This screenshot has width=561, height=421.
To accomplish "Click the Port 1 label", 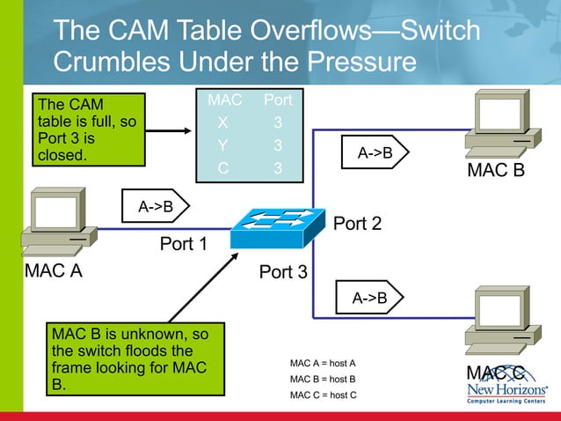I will [x=183, y=243].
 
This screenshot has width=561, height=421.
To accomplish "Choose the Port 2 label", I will [x=356, y=224].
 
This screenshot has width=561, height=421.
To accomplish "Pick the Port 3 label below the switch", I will [x=283, y=272].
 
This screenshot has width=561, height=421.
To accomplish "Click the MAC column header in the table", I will [x=224, y=101].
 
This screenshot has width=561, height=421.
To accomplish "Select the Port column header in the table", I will [x=278, y=101].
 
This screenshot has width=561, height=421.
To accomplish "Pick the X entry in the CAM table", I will [x=223, y=122].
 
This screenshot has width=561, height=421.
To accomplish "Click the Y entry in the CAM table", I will [x=223, y=144].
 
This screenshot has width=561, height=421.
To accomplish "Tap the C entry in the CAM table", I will [x=223, y=166].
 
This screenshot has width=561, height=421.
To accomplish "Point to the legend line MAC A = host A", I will [x=323, y=363].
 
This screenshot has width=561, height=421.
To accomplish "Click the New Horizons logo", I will [x=507, y=392].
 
